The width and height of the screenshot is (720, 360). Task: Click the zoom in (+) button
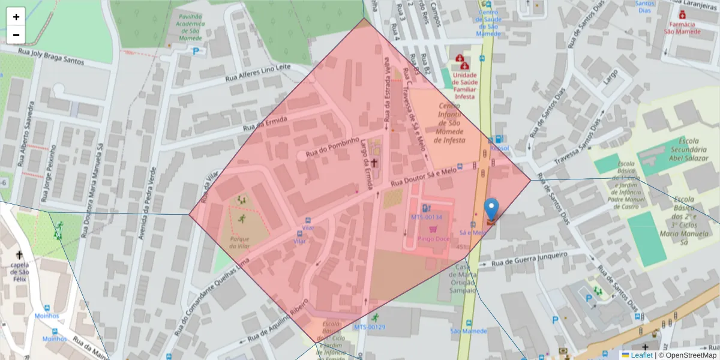coord(16,17)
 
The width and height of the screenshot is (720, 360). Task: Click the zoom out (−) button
coord(16,35)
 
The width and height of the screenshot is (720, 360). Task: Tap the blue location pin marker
coord(491,210)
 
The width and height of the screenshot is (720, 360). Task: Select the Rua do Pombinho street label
coord(332,147)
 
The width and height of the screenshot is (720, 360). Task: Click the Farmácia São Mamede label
coord(682,28)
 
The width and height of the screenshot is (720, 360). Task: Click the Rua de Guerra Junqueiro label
coord(529,259)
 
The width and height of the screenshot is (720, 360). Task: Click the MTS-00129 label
coord(369,327)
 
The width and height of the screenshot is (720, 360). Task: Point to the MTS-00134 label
coord(426,217)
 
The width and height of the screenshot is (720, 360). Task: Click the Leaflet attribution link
coord(641,355)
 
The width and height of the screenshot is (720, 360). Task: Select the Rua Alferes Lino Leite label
coord(257,73)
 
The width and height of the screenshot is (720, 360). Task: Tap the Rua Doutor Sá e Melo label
coord(424,176)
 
